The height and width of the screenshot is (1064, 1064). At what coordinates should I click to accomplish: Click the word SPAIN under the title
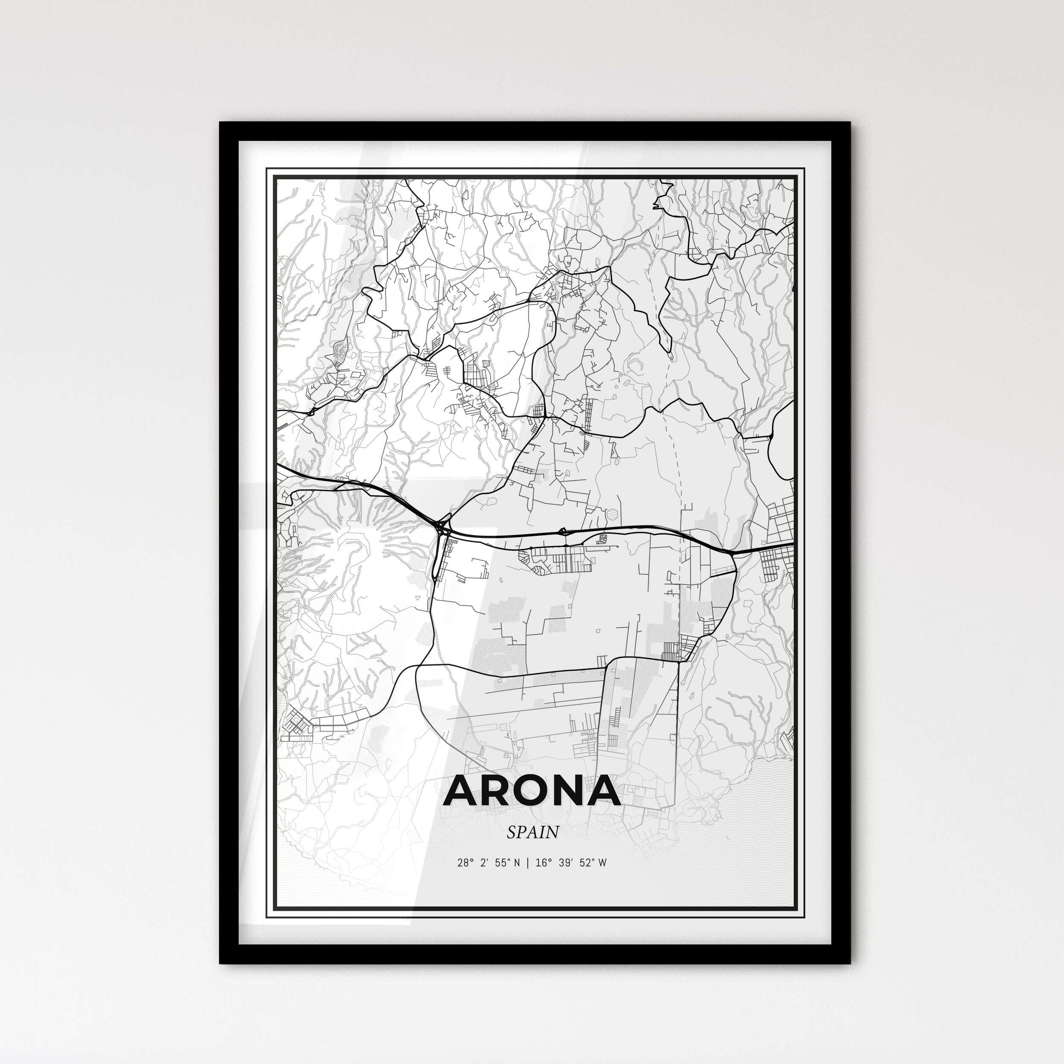click(532, 832)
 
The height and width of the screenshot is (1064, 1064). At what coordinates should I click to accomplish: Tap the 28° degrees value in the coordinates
click(465, 862)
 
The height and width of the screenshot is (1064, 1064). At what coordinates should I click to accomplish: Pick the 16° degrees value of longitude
click(544, 862)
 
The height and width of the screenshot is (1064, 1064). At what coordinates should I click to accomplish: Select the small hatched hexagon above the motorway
click(614, 514)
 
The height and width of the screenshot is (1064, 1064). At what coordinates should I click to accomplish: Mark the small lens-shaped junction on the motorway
click(562, 532)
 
